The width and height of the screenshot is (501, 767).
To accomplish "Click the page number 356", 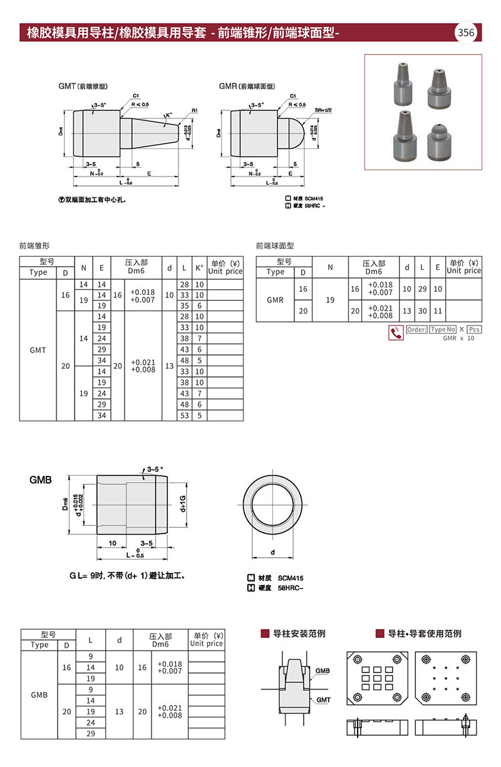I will pos(467,33).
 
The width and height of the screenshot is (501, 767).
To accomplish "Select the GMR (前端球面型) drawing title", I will pos(247,86).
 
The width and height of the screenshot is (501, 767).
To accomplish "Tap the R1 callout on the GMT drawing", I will pos(195,110).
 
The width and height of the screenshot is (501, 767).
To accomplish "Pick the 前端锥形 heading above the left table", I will pos(34,246).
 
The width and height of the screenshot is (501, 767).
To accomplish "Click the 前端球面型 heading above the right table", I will pos(275,246).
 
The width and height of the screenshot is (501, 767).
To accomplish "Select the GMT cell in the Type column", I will pos(38,350).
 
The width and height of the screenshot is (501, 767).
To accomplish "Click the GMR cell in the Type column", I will pos(276,300).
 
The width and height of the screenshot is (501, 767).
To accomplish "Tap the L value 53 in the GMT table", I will pos(184,415).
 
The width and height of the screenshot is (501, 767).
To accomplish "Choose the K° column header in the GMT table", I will pos(199,267).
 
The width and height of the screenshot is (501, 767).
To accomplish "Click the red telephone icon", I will pos(395,333).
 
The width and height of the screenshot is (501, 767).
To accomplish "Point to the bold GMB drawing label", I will pos(41,480).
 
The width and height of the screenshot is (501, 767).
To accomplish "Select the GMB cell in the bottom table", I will pos(39,694).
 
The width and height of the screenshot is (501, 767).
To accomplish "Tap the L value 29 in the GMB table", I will pos(91,733).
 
